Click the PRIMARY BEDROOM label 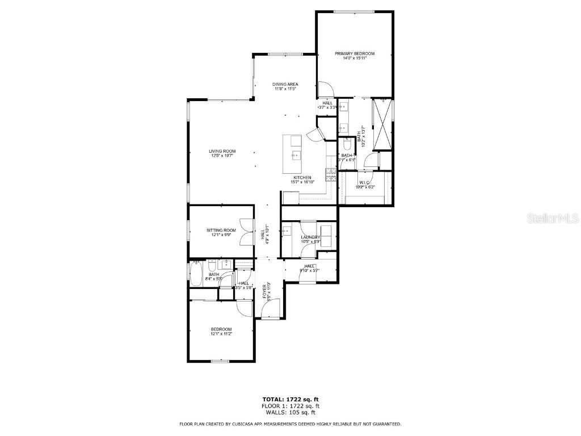click(x=354, y=53)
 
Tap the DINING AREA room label click(x=285, y=84)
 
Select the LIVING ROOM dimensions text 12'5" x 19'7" click(x=221, y=156)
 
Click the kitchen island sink click(x=296, y=154)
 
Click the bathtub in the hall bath click(x=196, y=274)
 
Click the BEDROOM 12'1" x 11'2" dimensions click(x=221, y=334)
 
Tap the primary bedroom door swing click(x=325, y=90)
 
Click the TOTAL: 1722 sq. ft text click(x=290, y=399)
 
